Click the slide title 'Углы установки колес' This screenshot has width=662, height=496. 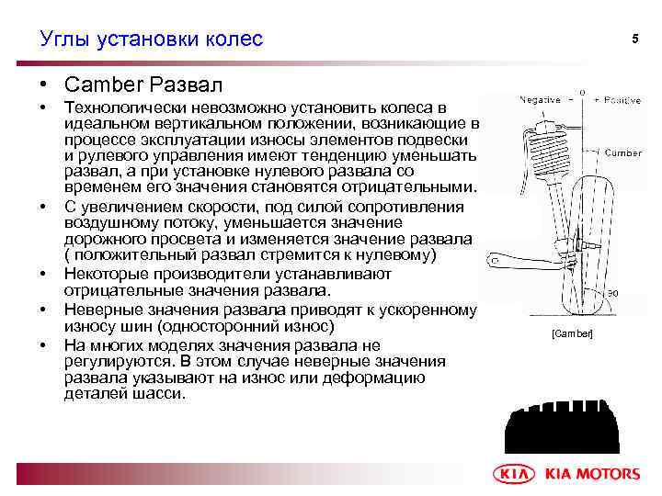coord(151,39)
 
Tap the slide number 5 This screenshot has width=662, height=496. coord(633,39)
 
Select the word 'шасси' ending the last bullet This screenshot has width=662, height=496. coord(161,393)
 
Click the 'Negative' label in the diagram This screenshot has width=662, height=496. coord(542,99)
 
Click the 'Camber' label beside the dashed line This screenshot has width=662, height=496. coord(622,153)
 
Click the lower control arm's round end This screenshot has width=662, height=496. coord(497,261)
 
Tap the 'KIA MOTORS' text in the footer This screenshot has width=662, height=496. coord(592,474)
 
